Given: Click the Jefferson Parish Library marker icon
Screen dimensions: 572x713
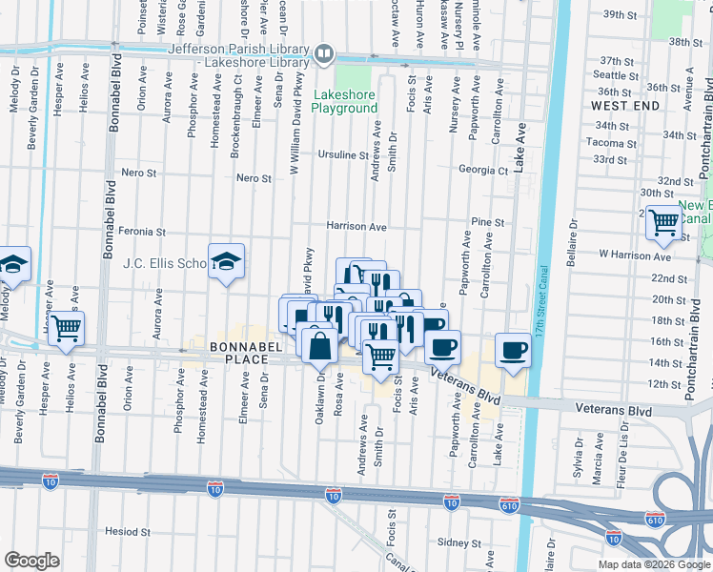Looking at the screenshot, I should [x=324, y=54].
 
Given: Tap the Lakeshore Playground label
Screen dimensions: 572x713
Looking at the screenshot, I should [x=347, y=101].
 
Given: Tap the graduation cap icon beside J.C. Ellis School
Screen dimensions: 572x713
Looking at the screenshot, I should [x=226, y=262].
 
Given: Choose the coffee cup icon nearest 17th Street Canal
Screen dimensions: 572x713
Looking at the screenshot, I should [x=513, y=349].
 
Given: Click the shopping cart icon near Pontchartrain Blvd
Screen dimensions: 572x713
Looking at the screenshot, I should [x=662, y=222].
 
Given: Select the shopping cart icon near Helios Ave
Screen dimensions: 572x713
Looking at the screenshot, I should [x=66, y=327].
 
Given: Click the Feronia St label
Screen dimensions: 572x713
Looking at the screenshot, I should [x=143, y=232].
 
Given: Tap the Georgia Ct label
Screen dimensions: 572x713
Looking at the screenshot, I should [x=482, y=171].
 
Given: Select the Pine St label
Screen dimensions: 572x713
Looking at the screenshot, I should [x=487, y=222].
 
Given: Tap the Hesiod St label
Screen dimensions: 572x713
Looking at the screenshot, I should [x=129, y=531].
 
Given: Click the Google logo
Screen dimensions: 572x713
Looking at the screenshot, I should [x=31, y=561].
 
